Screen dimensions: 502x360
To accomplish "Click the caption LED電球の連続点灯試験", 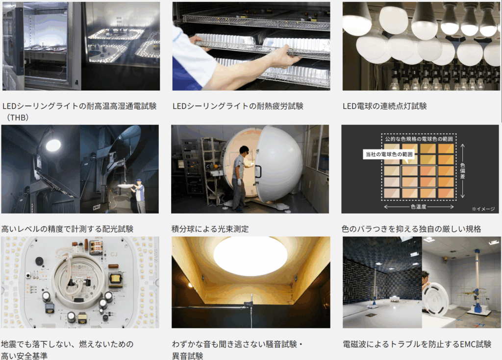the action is coord(384,106).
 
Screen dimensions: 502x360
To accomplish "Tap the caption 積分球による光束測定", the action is coord(210,229).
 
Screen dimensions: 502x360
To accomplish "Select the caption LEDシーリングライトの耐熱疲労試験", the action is coord(238,106).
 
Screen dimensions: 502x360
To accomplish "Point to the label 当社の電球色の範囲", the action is coord(389,154).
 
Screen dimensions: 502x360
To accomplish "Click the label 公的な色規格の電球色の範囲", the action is coord(419,139).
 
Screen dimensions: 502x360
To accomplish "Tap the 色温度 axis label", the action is coord(419,207).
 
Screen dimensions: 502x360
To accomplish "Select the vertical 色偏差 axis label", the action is coord(462,170).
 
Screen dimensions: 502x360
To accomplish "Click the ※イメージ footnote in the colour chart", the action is coord(483,209).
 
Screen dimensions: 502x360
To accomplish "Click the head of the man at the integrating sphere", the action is coord(244,150).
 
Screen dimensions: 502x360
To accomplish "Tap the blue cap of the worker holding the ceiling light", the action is coord(138,181).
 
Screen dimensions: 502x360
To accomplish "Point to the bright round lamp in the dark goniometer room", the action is coord(53,145).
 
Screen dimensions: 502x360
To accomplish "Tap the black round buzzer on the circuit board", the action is coord(39,261).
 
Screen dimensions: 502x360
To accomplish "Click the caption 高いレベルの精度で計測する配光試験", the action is coord(67,229).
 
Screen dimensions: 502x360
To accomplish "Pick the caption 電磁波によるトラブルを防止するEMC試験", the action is coord(417,344).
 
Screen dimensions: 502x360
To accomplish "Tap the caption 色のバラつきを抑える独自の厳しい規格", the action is coord(411,229).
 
